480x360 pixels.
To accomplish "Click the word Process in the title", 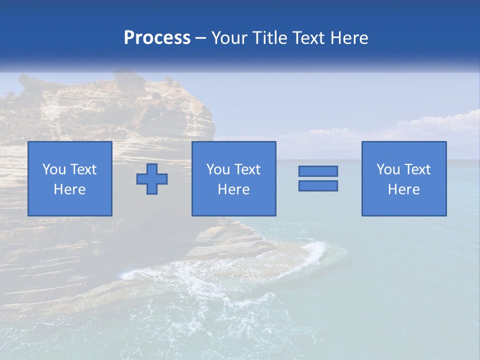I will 157,38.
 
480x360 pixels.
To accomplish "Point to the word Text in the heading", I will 311,38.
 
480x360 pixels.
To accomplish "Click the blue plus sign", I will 152,179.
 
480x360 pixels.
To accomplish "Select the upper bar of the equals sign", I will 318,171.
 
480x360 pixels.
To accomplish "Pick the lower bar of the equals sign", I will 318,185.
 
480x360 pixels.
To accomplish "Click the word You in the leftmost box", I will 54,169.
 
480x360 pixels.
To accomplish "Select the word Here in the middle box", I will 233,189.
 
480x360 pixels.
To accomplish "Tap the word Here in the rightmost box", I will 403,189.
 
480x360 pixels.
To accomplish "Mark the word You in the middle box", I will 218,169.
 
